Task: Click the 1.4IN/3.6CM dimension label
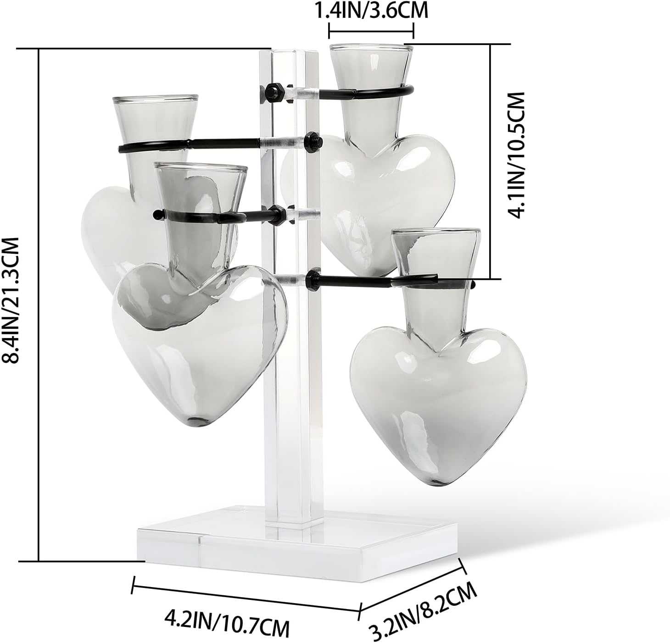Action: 371,11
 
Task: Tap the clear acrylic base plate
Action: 298,541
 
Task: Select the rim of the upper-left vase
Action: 156,99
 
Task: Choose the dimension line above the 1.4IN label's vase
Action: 371,32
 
